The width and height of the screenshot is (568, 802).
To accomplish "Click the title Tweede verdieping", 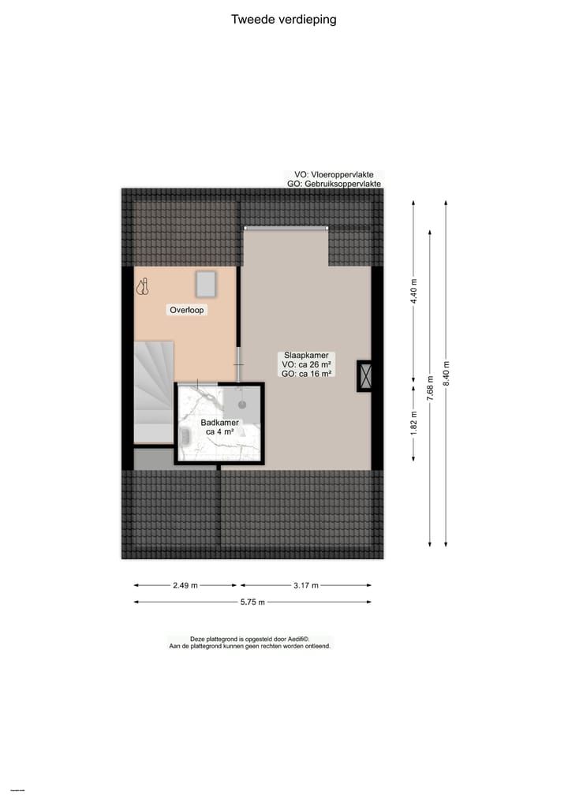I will tap(283, 20).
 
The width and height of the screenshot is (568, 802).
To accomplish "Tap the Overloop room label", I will tap(187, 310).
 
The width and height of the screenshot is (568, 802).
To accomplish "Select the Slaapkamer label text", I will tap(306, 355).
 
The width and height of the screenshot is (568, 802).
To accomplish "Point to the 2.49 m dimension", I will tap(185, 585).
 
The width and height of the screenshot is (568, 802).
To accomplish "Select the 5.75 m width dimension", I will tap(252, 602).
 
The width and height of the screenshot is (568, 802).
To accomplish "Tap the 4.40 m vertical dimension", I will tap(413, 293).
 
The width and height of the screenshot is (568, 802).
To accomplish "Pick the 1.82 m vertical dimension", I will tap(413, 423).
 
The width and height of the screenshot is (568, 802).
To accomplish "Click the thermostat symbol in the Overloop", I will tap(143, 288).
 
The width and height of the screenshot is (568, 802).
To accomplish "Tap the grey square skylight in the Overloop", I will tap(207, 282).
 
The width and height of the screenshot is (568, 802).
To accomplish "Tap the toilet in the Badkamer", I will tap(187, 436).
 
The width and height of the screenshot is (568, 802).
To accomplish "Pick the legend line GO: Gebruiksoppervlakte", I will tap(334, 184).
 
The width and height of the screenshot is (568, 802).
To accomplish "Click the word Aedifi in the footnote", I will tap(296, 639).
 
